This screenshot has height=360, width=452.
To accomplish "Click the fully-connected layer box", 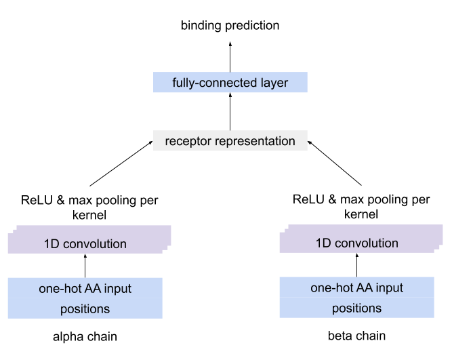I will tap(230, 83).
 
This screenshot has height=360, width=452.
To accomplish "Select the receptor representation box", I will tap(230, 141).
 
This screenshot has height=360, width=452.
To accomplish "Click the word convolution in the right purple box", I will tap(366, 243).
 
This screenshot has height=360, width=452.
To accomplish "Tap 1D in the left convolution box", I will tap(52, 244).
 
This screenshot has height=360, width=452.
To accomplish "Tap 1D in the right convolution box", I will tap(323, 243).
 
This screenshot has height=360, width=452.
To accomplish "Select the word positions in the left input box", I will tap(85, 308).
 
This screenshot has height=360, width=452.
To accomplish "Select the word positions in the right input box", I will tap(356, 308).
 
